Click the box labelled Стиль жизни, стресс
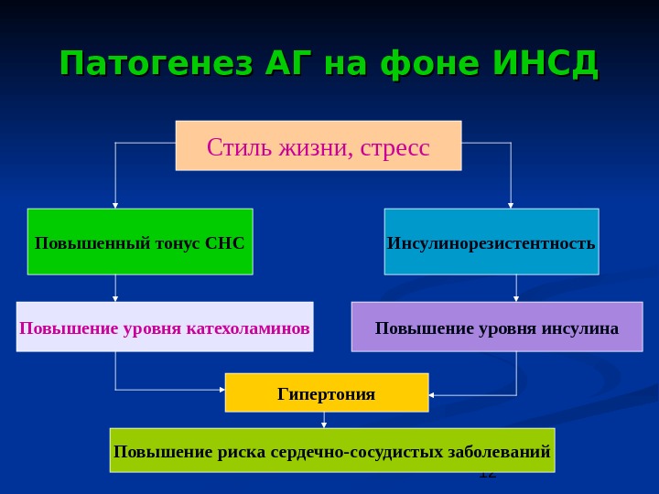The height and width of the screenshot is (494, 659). (x=319, y=145)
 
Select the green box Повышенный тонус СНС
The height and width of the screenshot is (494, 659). (x=140, y=242)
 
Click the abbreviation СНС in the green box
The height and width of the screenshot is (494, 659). (x=226, y=244)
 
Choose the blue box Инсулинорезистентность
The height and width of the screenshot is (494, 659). (x=492, y=242)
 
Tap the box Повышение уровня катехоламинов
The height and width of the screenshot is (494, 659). (x=165, y=327)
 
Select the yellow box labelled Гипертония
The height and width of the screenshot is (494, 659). (x=327, y=392)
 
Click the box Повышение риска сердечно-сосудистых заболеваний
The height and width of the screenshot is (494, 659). (x=332, y=450)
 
